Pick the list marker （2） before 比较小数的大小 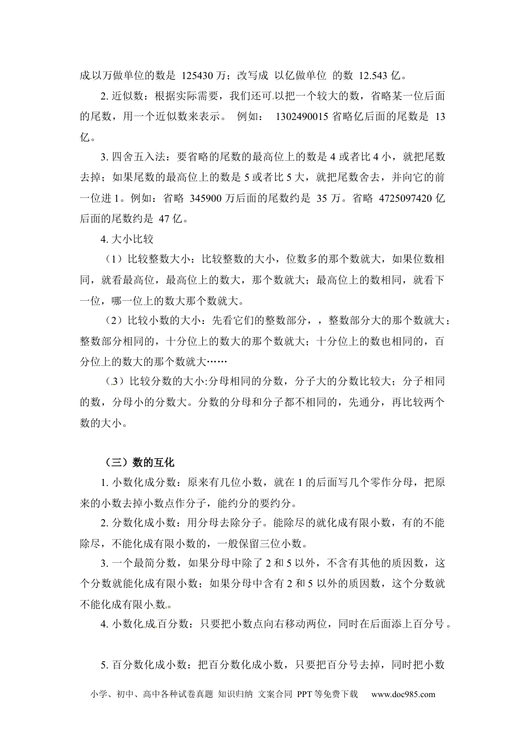click(x=114, y=321)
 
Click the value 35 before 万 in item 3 click(x=322, y=198)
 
